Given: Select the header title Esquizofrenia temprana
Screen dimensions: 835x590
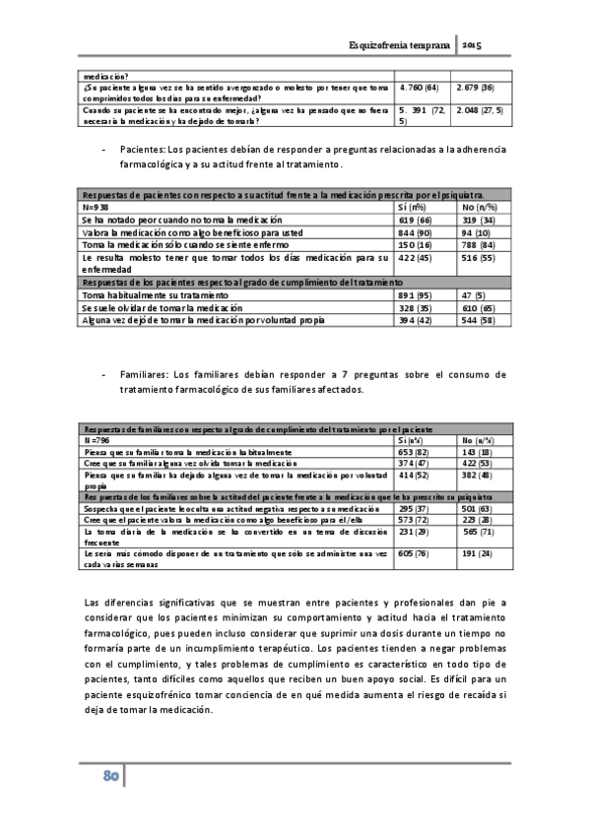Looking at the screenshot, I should click(400, 46).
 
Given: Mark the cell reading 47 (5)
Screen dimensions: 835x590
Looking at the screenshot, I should click(474, 294).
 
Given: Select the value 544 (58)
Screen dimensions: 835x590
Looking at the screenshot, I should click(480, 320).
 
